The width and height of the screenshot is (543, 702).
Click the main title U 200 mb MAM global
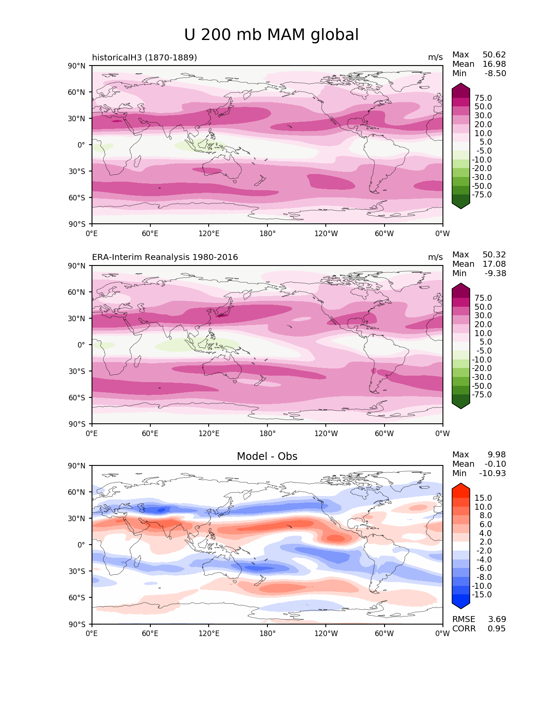tap(271, 35)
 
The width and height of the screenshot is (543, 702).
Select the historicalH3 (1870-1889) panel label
tap(144, 57)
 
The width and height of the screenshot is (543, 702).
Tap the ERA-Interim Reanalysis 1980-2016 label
tap(165, 257)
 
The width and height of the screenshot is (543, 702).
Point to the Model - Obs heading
tap(267, 457)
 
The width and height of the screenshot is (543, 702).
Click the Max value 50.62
tap(494, 55)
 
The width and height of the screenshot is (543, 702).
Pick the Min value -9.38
tap(495, 274)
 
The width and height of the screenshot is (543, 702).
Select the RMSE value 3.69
tap(497, 619)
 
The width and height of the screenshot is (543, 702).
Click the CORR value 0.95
tap(497, 629)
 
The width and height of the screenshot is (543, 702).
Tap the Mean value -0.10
tap(495, 464)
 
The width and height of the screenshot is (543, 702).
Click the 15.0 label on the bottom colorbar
tap(483, 498)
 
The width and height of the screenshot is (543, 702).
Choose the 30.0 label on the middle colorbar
tap(483, 316)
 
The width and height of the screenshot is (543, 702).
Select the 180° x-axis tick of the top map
tap(267, 234)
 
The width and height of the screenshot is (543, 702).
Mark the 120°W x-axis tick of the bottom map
tap(326, 634)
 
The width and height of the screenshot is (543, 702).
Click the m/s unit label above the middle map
tap(435, 257)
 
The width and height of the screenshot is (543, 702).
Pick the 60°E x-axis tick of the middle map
tap(150, 434)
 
